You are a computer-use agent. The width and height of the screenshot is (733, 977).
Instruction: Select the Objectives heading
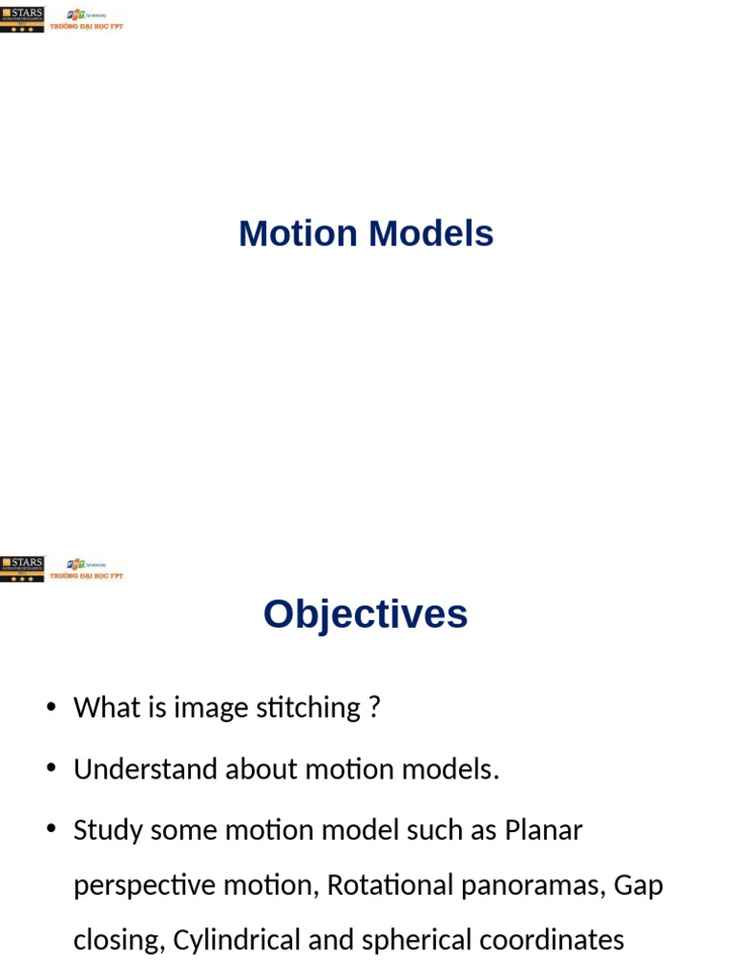366,613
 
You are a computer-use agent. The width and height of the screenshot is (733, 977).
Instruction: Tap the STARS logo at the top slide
22,19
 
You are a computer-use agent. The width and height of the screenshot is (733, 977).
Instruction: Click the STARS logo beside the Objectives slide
22,569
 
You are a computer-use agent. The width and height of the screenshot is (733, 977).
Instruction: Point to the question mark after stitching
374,708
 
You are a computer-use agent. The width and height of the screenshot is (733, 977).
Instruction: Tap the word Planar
543,830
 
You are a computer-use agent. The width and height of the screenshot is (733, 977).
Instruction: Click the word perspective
144,886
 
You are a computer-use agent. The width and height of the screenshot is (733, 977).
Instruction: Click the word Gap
639,886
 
